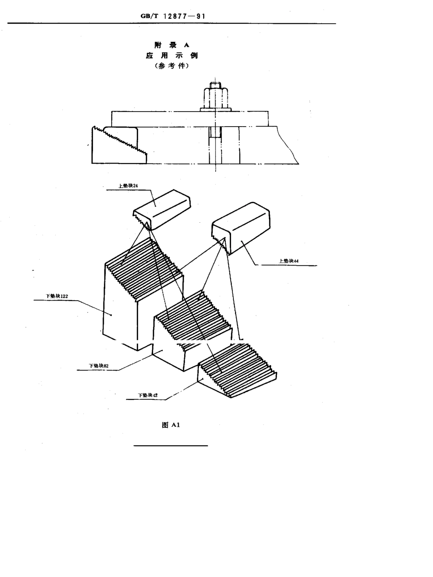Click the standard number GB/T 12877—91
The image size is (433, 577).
pos(173,16)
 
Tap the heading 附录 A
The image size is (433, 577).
pos(171,45)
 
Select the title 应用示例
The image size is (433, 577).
pos(171,56)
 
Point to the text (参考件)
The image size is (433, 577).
pos(171,66)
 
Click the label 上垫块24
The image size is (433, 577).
pos(128,186)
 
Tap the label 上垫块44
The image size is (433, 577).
pos(289,261)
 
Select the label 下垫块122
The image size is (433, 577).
pos(57,296)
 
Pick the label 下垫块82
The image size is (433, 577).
pos(98,365)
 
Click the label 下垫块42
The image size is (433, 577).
pos(148,395)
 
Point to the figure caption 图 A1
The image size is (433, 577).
pos(171,425)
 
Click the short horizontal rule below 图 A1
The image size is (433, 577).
pos(170,445)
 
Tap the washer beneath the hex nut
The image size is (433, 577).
pos(215,109)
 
